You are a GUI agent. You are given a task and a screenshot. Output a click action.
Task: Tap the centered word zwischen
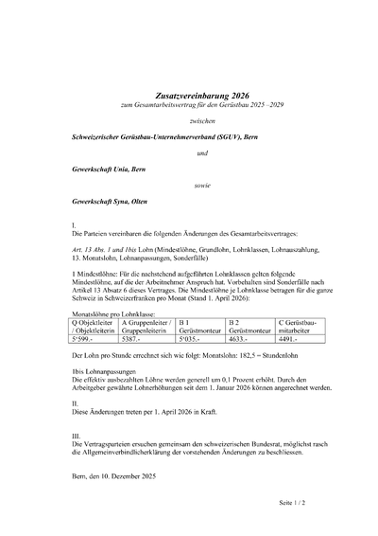pyautogui.click(x=188, y=121)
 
